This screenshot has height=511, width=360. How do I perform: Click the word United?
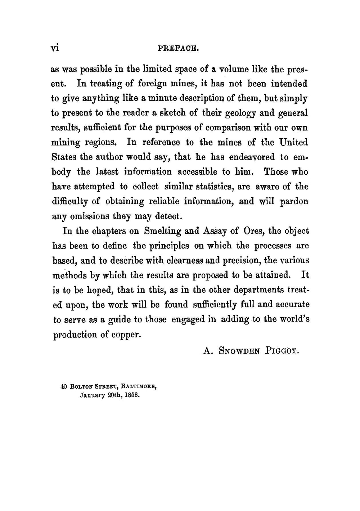pyautogui.click(x=294, y=143)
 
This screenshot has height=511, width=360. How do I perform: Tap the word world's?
pyautogui.click(x=294, y=319)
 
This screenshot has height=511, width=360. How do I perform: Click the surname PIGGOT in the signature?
pyautogui.click(x=282, y=350)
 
